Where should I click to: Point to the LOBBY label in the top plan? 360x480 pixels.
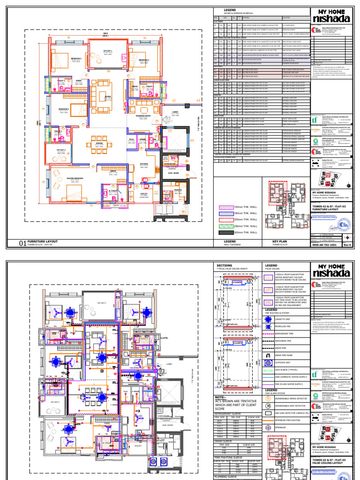point(175,112)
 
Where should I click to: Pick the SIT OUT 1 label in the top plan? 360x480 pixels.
point(108,50)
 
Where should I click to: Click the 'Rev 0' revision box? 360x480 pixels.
point(347,245)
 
